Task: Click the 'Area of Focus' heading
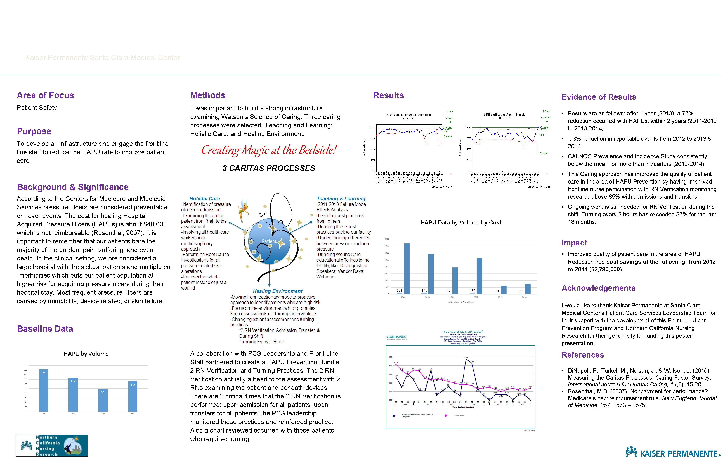[45, 95]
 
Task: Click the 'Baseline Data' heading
[45, 329]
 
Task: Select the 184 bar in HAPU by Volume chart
[43, 390]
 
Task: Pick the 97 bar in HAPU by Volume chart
[103, 400]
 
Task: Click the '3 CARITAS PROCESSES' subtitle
[269, 168]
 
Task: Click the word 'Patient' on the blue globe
[269, 241]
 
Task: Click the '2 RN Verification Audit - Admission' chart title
[409, 115]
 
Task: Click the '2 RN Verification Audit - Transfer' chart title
[505, 114]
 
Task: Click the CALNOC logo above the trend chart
[396, 337]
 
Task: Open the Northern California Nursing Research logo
[52, 446]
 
